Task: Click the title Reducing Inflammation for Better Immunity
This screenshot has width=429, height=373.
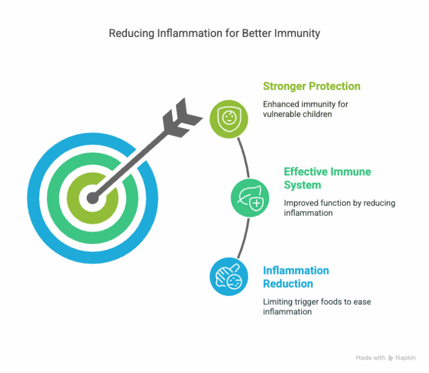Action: [214, 34]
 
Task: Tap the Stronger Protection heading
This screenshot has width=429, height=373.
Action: [312, 86]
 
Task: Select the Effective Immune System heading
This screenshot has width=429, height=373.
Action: [327, 178]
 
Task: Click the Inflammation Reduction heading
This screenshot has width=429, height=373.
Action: [296, 277]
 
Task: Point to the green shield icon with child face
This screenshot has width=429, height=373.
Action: [229, 119]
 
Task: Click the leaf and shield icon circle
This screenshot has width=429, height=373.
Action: [250, 198]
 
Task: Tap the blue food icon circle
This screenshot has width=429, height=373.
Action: [229, 277]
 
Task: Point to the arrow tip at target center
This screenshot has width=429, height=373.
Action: [93, 198]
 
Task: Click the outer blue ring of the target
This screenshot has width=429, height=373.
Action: [33, 199]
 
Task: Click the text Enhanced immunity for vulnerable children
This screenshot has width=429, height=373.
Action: [306, 109]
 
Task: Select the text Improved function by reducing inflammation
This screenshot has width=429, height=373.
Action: [340, 208]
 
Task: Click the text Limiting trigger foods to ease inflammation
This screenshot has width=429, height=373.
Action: [317, 306]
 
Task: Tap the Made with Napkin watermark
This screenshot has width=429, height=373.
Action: [386, 358]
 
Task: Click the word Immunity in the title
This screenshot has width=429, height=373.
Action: [297, 34]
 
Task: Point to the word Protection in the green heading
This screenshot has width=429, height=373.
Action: [335, 86]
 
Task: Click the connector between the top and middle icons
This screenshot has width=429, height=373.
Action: [245, 158]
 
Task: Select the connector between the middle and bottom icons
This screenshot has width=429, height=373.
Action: [245, 238]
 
